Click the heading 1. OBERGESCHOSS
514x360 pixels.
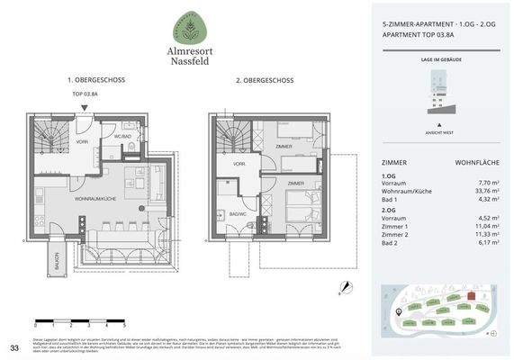pos(95,80)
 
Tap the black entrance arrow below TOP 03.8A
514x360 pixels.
pos(83,109)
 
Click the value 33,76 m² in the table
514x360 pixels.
pos(476,191)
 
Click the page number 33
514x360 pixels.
pos(14,346)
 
